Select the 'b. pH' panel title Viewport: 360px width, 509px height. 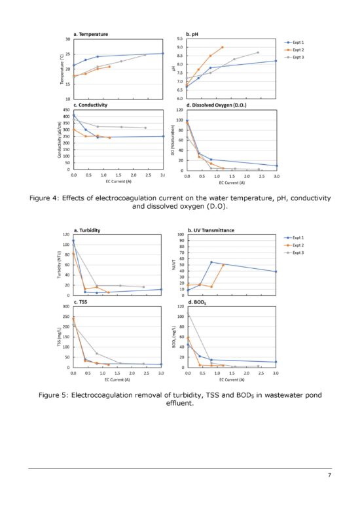click(x=194, y=33)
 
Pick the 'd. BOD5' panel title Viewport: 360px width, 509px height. click(x=197, y=302)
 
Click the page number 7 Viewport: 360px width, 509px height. click(x=329, y=476)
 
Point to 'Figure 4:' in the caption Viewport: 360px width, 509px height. click(x=48, y=198)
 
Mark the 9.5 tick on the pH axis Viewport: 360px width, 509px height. click(x=179, y=39)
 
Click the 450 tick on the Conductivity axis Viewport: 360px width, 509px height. click(x=65, y=110)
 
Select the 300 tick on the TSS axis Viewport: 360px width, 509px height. click(x=65, y=307)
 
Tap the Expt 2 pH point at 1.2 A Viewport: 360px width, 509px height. click(x=223, y=47)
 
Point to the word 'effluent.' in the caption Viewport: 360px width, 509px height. click(x=179, y=404)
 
